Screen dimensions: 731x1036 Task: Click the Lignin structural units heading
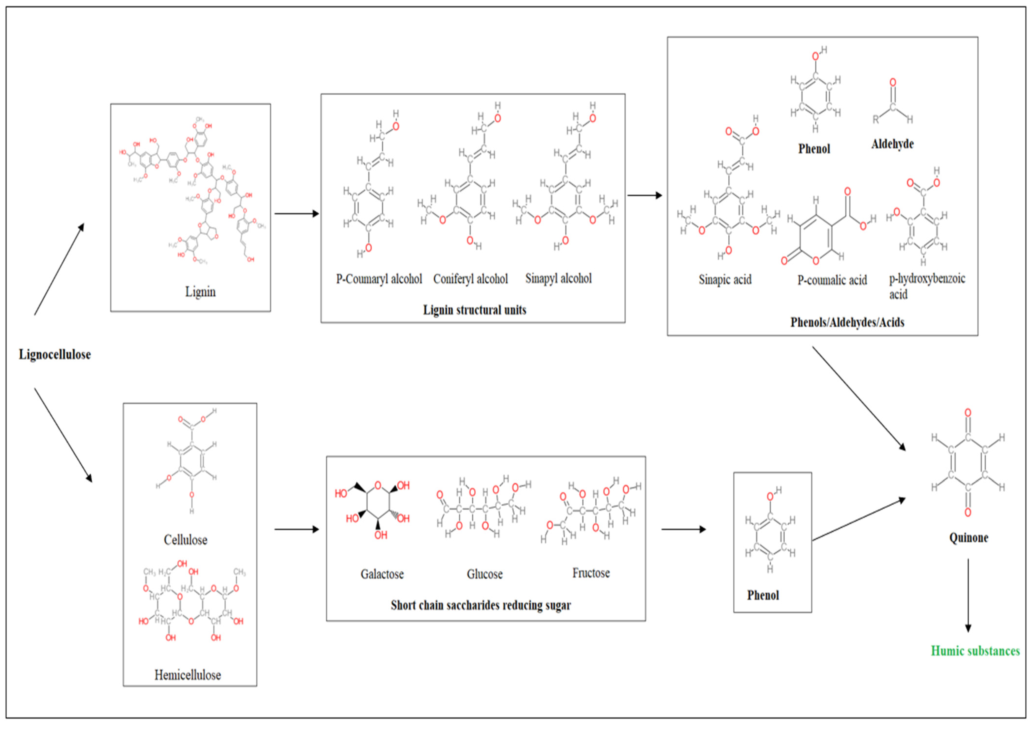pos(474,310)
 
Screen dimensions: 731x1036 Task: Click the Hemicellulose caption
pos(188,675)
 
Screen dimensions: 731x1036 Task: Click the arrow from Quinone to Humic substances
pos(968,595)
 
